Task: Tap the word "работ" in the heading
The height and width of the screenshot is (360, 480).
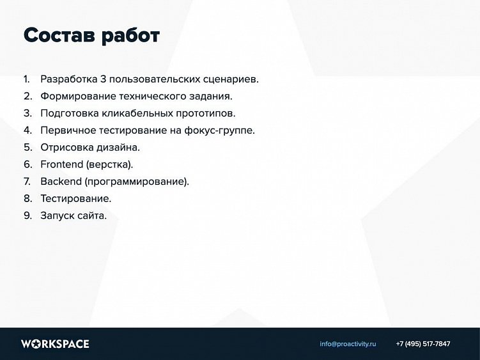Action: click(131, 36)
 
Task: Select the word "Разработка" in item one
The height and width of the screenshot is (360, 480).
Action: click(69, 79)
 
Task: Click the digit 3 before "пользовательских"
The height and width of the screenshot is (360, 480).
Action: click(103, 79)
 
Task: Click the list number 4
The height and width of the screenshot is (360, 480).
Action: click(27, 130)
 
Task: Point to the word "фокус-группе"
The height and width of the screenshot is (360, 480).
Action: click(219, 130)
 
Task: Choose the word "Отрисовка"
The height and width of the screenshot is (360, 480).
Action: click(67, 148)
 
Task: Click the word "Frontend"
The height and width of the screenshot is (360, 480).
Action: click(62, 164)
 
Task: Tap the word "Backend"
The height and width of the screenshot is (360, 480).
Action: click(61, 182)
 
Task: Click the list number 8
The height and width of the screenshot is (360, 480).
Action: click(27, 198)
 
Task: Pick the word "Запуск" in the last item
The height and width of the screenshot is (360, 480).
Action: click(58, 216)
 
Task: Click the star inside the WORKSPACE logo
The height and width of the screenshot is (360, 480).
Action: click(36, 344)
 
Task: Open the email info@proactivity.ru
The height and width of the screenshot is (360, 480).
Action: click(348, 344)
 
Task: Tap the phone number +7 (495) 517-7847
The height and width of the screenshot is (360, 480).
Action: click(423, 344)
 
